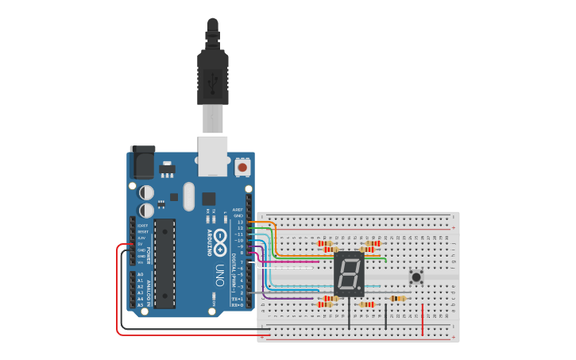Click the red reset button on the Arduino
(x=242, y=168)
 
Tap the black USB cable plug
(x=212, y=75)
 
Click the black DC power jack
(x=142, y=163)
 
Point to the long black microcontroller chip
(x=164, y=263)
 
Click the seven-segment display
(x=349, y=275)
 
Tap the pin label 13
(x=240, y=222)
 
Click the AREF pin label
(x=238, y=210)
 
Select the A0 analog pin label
(x=141, y=274)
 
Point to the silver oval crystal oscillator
(x=188, y=196)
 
